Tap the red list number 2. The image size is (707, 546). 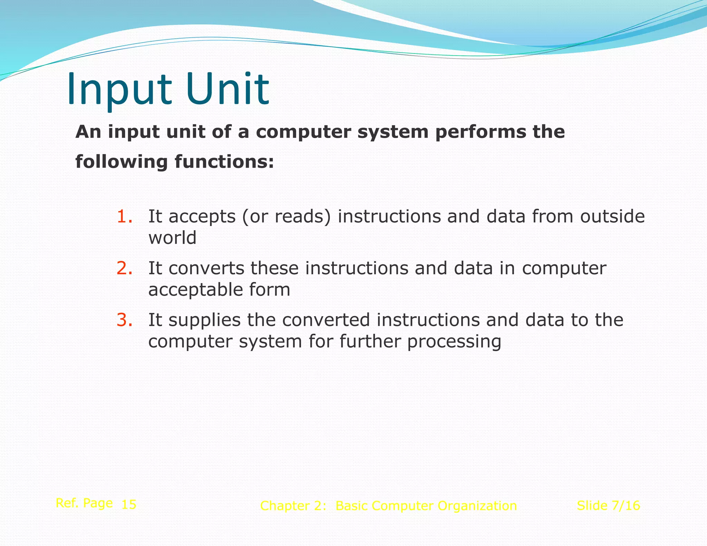pyautogui.click(x=124, y=269)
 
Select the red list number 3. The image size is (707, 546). pyautogui.click(x=124, y=320)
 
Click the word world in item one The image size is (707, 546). pyautogui.click(x=172, y=238)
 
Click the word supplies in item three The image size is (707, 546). pyautogui.click(x=205, y=321)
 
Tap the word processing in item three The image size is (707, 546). pyautogui.click(x=454, y=342)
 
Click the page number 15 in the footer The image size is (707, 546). pyautogui.click(x=129, y=505)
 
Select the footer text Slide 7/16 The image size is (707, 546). pyautogui.click(x=608, y=506)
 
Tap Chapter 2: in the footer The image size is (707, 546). pyautogui.click(x=293, y=506)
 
